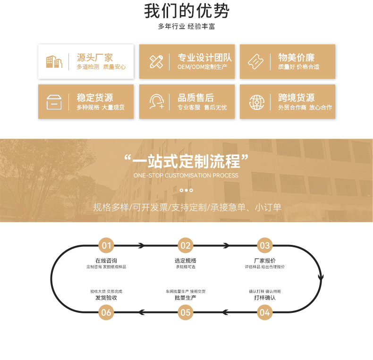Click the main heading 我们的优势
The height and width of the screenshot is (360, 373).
point(186,10)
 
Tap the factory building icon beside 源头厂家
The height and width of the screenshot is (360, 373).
point(54,61)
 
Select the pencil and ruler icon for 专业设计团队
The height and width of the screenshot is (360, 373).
point(156,61)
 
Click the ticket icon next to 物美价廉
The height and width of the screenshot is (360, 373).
point(256,61)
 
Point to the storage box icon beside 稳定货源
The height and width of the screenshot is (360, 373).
point(54,101)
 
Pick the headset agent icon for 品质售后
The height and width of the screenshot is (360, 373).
point(156,101)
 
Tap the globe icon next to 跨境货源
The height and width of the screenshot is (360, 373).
point(256,101)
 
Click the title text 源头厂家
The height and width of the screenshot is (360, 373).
point(95,58)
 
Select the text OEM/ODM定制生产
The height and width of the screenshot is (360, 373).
point(202,67)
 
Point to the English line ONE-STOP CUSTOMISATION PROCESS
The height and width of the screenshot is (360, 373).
point(186,176)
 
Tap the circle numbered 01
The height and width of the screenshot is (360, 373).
point(106,245)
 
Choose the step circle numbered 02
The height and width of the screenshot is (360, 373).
point(186,245)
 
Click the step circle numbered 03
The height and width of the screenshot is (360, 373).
point(265,245)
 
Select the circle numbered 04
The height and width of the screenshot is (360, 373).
point(265,312)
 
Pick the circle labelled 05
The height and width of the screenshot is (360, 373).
point(186,312)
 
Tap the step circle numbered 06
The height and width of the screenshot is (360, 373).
point(106,312)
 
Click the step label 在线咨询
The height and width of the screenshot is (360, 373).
point(106,260)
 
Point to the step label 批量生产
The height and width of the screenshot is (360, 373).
point(186,298)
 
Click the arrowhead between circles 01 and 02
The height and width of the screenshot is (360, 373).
point(141,245)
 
